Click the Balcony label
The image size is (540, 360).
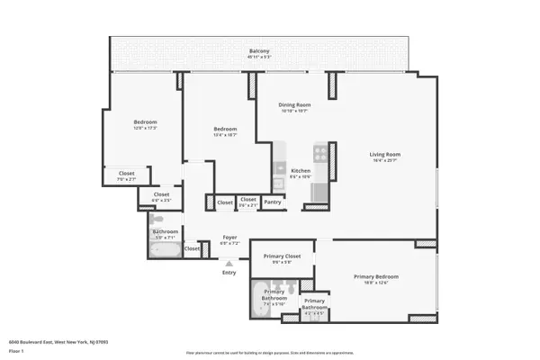point(259,51)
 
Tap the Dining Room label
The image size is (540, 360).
point(294,105)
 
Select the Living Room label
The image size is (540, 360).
point(383,154)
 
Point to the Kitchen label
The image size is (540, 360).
point(301,170)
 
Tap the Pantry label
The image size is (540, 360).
point(273,202)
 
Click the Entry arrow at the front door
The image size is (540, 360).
point(229,263)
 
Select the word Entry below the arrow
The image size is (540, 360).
point(229,272)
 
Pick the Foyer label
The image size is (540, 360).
point(229,238)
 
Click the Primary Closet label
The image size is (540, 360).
point(282,256)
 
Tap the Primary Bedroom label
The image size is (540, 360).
point(375,276)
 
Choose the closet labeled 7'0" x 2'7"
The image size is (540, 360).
point(126,176)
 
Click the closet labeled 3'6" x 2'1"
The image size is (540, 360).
point(248,202)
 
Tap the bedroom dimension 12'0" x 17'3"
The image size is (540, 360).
point(146,128)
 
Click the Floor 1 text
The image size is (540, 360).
point(16,352)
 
